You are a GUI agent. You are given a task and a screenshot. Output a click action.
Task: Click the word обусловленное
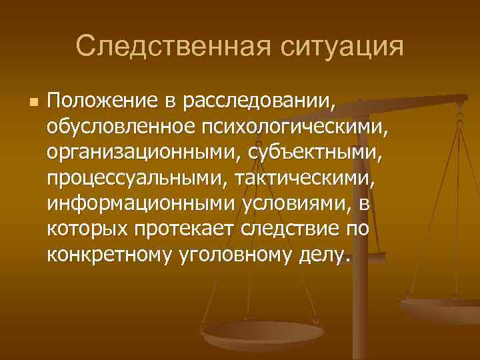[117, 127]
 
